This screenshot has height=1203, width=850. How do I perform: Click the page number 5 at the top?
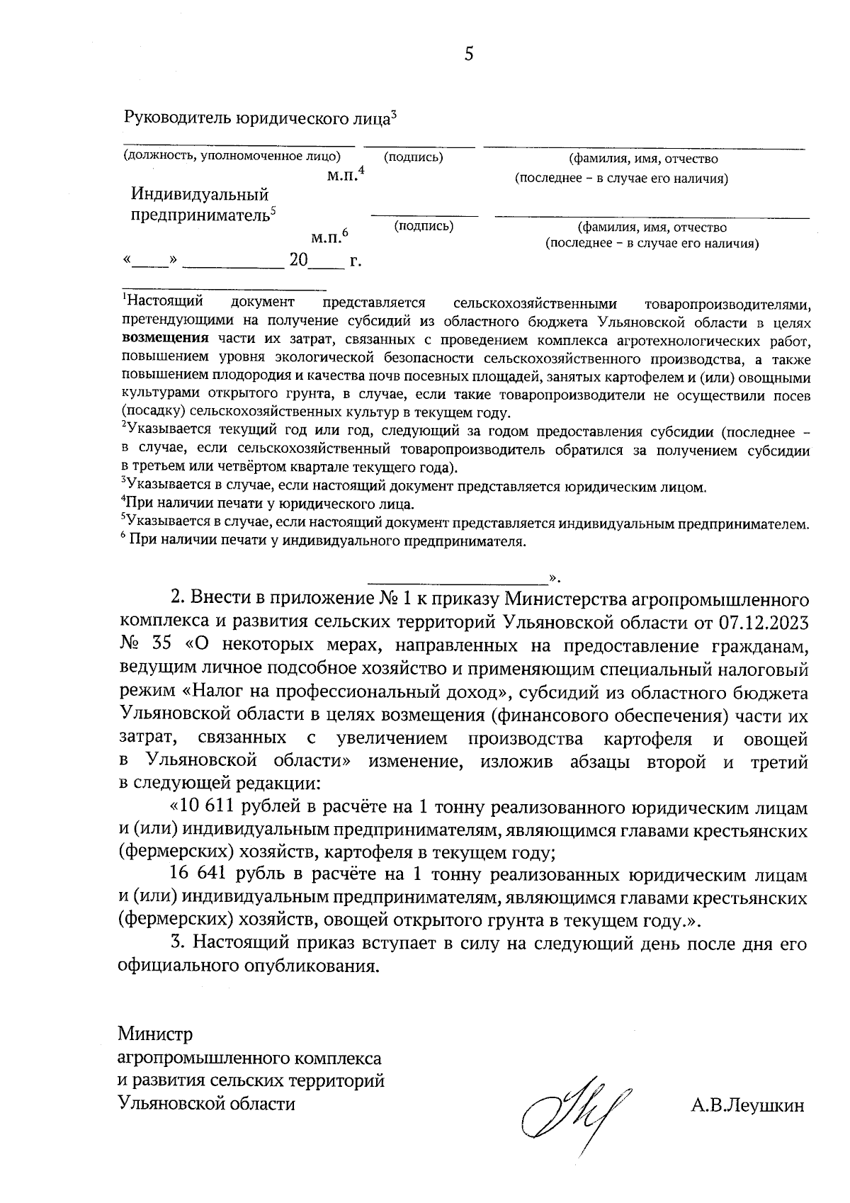(468, 55)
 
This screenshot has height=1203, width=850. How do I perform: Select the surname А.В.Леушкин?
(747, 1105)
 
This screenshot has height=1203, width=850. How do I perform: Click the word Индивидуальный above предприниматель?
(200, 193)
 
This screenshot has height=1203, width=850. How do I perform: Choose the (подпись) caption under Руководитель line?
(414, 157)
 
